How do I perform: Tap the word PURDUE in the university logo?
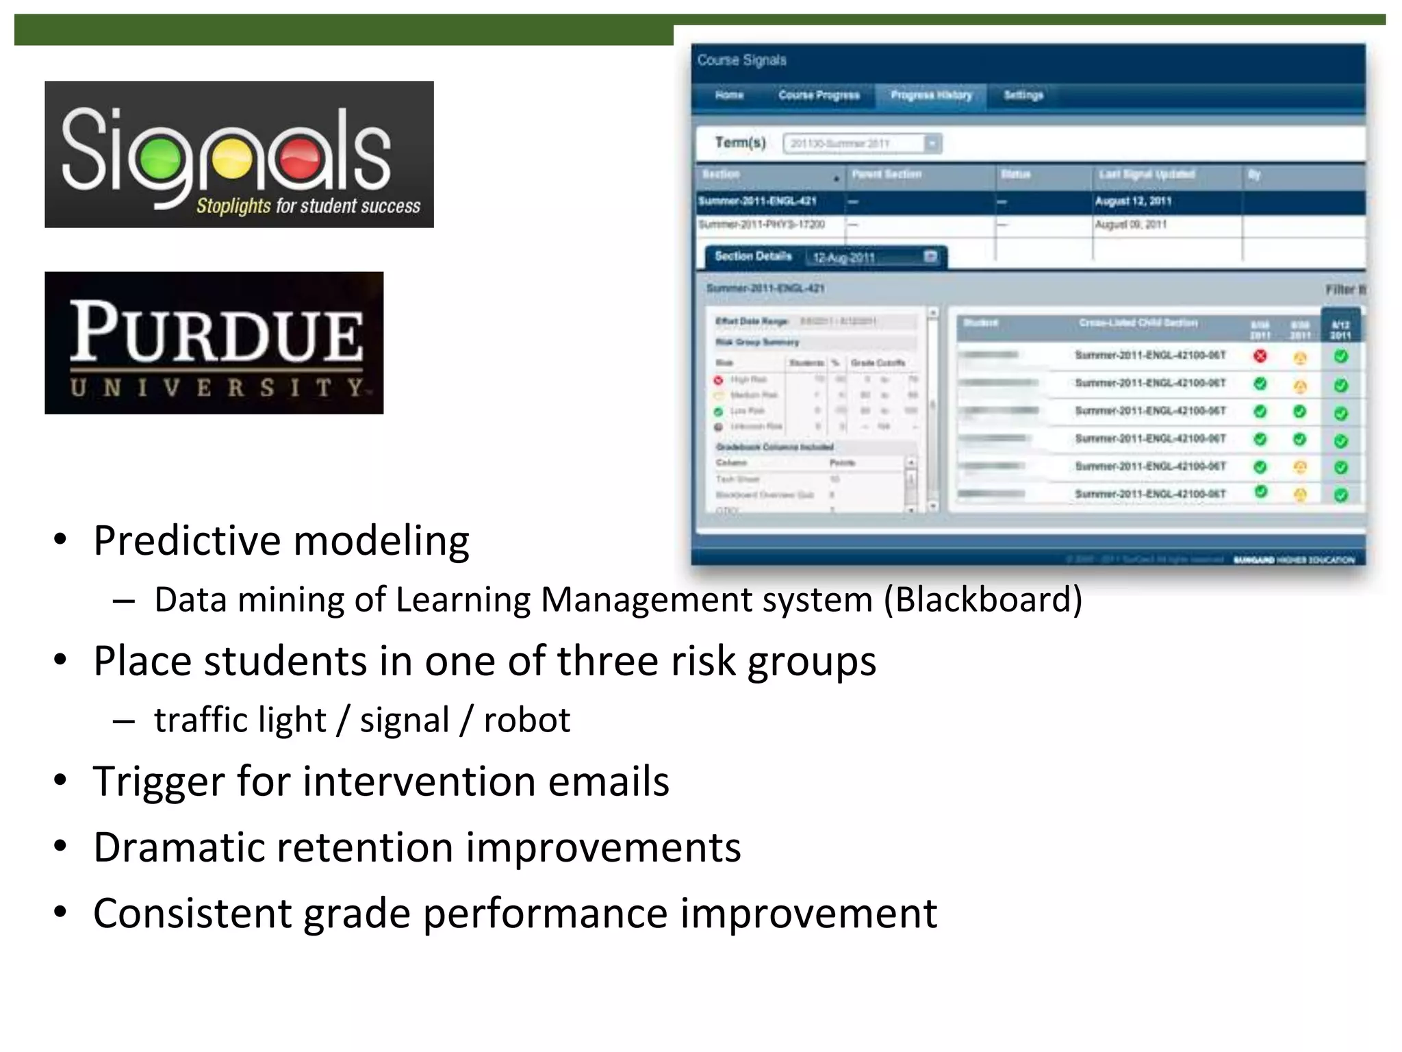click(x=216, y=332)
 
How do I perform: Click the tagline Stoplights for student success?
click(x=308, y=205)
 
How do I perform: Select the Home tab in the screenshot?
click(x=729, y=95)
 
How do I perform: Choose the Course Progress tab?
click(x=819, y=95)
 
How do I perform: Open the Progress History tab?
click(x=931, y=95)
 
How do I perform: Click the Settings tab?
click(x=1023, y=95)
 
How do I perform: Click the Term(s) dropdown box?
click(x=862, y=143)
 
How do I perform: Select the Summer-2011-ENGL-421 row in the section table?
click(x=757, y=201)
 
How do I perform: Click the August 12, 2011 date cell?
click(x=1133, y=201)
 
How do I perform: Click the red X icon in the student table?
click(x=1260, y=355)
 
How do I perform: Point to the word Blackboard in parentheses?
click(x=983, y=600)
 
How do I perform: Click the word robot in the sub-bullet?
click(x=526, y=721)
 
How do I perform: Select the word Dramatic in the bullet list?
click(x=179, y=848)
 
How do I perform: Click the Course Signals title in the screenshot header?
click(x=741, y=60)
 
